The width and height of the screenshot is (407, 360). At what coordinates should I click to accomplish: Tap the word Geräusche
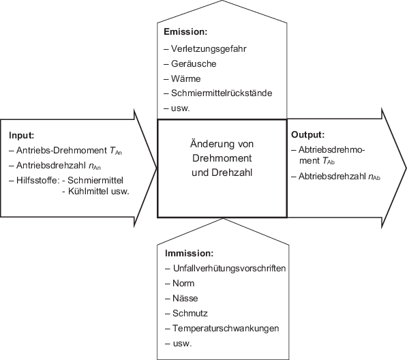194,64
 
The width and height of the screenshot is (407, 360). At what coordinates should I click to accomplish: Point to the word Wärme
186,79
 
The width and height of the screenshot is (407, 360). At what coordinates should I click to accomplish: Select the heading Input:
21,136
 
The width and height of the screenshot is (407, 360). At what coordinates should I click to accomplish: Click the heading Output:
307,135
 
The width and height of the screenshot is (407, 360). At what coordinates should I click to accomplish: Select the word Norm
183,283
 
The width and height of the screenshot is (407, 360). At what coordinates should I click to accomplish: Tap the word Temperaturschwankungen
222,328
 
